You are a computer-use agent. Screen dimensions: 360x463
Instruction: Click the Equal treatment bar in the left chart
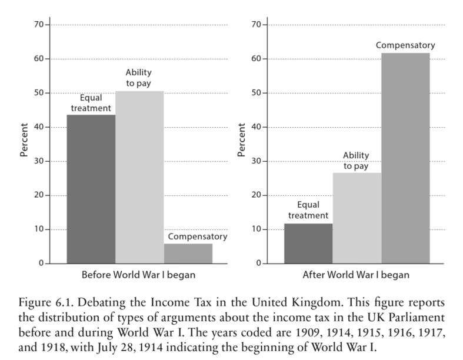coord(91,188)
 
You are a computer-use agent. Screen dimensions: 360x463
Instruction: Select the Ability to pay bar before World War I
coord(139,176)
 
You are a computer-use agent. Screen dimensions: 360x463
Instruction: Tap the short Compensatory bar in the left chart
coord(188,254)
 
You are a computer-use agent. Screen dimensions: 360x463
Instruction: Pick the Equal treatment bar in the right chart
coord(308,243)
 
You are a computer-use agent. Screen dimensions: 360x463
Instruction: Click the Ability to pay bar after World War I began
coord(357,218)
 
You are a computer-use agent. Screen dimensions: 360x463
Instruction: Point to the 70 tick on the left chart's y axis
coord(39,25)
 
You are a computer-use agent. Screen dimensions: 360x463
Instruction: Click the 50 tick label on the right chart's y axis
coord(257,93)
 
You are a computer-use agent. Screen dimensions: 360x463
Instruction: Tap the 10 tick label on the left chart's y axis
coord(39,229)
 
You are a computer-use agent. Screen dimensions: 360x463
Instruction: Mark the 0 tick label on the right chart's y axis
coord(259,264)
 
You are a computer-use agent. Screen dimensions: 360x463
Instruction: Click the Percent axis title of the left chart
coord(24,140)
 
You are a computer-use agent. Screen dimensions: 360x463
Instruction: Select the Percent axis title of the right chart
coord(241,140)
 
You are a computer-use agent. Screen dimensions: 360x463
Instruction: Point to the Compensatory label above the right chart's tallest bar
coord(405,45)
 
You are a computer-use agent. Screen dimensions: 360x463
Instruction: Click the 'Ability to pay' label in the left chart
coord(139,77)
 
